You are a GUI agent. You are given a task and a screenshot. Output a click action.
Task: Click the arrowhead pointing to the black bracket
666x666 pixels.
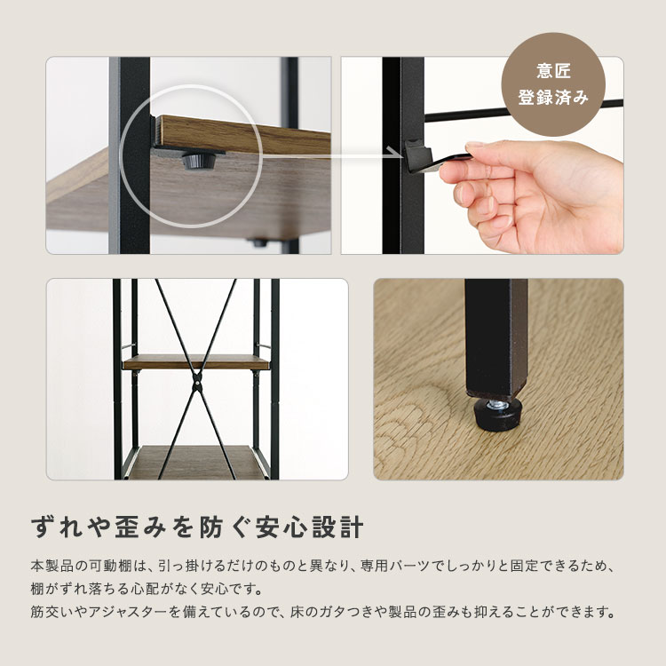[397, 152]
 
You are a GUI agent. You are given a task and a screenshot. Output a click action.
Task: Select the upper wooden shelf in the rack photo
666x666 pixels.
[196, 362]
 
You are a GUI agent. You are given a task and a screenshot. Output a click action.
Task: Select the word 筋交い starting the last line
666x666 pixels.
[52, 613]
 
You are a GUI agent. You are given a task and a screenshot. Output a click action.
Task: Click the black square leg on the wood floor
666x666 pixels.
[494, 337]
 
